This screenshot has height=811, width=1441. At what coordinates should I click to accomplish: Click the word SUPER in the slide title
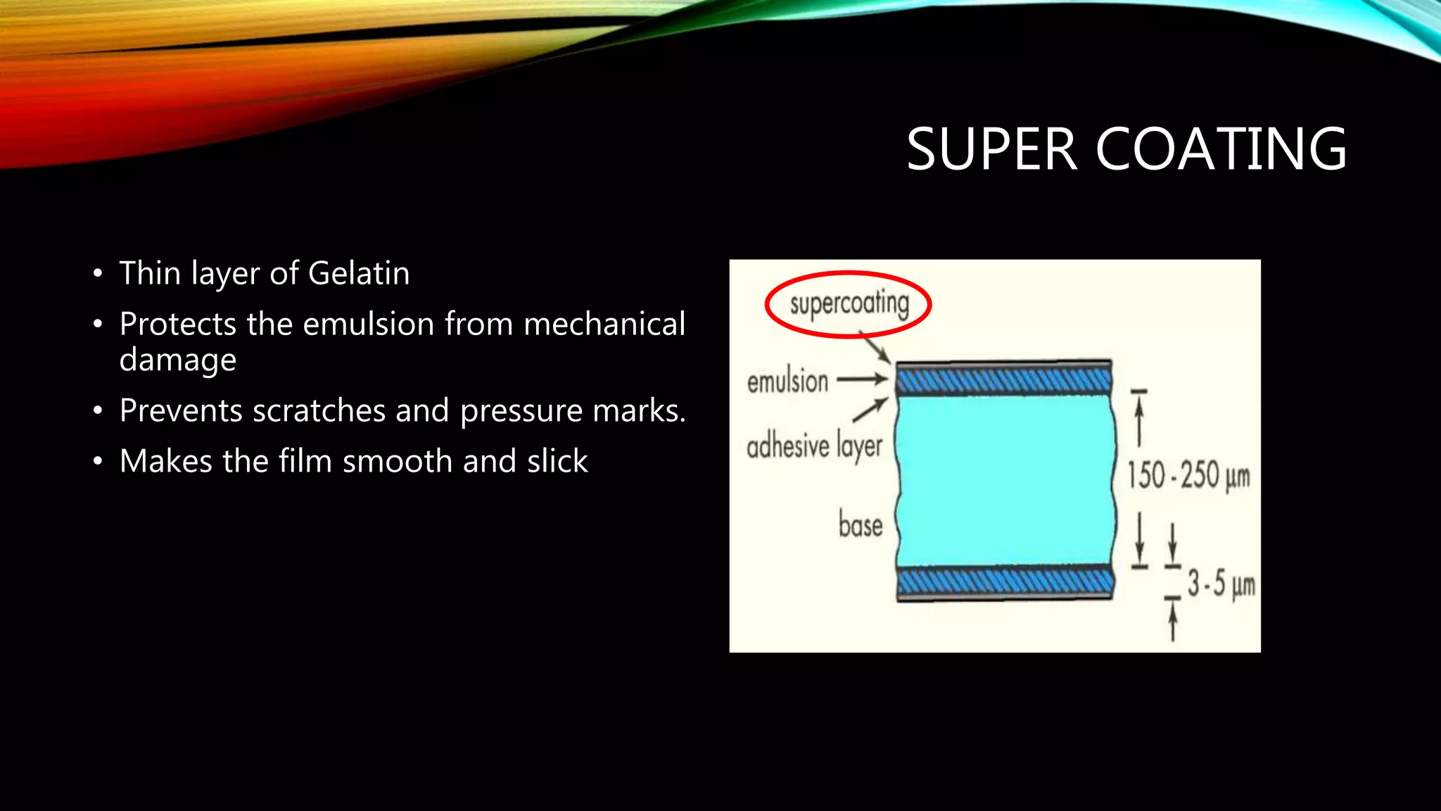(x=991, y=150)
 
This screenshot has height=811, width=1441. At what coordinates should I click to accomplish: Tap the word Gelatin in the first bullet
(x=359, y=274)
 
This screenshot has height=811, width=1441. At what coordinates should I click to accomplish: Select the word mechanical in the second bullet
(x=604, y=325)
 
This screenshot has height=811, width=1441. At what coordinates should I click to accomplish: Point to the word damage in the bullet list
(x=178, y=360)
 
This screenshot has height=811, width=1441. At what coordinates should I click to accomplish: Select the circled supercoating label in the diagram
(x=849, y=304)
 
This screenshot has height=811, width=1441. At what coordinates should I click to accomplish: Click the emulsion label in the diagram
(x=787, y=382)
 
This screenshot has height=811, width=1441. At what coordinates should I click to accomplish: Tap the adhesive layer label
(x=814, y=447)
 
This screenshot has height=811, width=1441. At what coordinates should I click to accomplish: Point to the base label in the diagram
(x=860, y=526)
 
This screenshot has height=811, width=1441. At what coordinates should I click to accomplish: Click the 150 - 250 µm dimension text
(x=1188, y=476)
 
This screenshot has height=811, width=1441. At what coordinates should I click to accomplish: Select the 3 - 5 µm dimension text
(x=1221, y=584)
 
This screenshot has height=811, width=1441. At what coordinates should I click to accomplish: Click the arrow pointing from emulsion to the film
(x=863, y=379)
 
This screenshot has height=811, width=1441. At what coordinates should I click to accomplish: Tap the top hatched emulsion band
(x=1004, y=381)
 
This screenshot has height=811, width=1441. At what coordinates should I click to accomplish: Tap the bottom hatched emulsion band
(x=1004, y=581)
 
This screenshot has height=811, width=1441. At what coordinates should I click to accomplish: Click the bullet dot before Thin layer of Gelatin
(x=98, y=274)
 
